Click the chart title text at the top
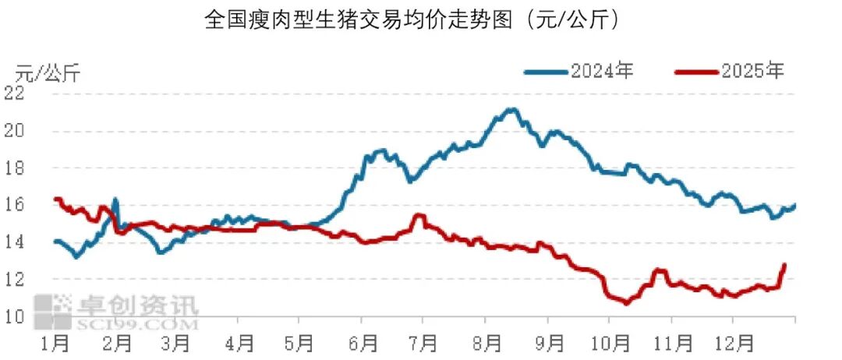click(413, 19)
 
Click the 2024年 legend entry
click(578, 72)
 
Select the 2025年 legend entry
click(730, 72)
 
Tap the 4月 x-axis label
click(241, 342)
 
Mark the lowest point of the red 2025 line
click(626, 303)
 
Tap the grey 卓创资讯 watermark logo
click(117, 310)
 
